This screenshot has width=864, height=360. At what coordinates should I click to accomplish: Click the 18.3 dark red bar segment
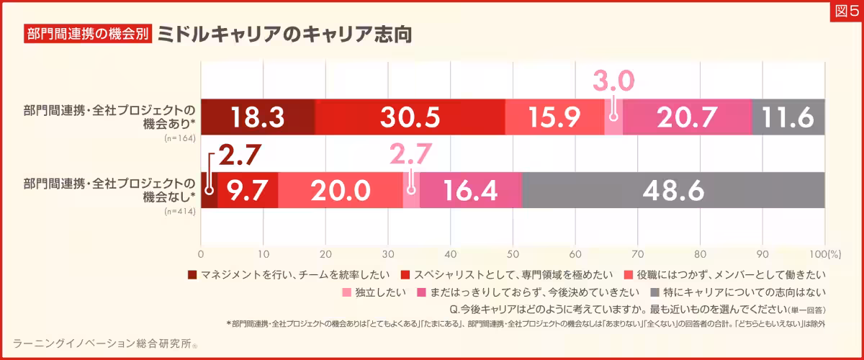258,117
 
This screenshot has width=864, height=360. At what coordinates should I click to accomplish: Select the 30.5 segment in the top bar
410,117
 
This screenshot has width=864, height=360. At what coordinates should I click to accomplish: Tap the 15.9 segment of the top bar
554,117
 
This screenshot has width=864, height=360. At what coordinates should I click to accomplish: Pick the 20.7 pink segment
687,117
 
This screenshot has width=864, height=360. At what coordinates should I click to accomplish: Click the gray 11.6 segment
788,117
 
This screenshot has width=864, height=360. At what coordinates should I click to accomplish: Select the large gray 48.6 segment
673,190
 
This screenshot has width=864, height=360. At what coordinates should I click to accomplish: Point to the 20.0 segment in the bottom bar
340,190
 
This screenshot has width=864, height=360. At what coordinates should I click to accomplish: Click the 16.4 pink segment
470,190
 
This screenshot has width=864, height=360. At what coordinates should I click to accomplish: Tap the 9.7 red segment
248,190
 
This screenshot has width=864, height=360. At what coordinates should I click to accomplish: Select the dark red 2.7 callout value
238,155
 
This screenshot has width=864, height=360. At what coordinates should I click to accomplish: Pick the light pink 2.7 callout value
410,155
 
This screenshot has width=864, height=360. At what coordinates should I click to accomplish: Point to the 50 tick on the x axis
513,253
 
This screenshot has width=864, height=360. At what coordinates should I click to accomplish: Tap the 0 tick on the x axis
201,253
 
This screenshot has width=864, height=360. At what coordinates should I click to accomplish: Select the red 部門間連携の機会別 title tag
88,35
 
